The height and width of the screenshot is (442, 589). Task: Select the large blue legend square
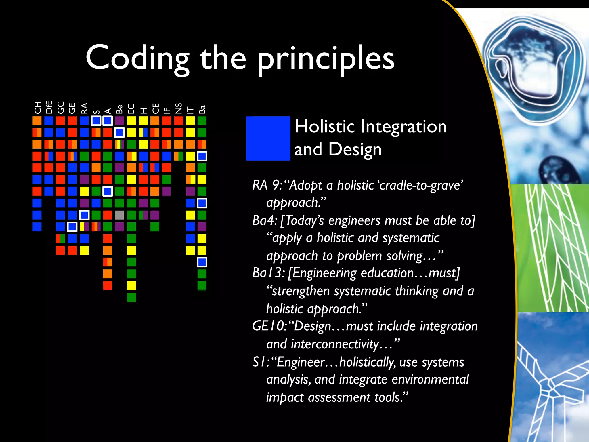[x=268, y=138]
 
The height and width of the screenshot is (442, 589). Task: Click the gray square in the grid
[x=119, y=215]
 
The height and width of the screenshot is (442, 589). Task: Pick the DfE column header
[x=49, y=107]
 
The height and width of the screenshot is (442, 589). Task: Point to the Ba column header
[x=202, y=109]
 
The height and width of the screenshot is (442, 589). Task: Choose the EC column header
[x=131, y=108]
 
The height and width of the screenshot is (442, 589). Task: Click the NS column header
[x=179, y=108]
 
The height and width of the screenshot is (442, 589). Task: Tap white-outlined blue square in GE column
[x=72, y=227]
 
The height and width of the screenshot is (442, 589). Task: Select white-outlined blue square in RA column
[x=84, y=215]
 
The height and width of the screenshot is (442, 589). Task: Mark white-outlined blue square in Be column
[x=119, y=132]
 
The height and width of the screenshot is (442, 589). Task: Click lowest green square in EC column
[x=131, y=297]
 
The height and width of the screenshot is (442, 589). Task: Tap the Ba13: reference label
[x=268, y=273]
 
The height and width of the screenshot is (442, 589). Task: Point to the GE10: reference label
[x=269, y=326]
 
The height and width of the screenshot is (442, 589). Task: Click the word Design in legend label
[x=355, y=150]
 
